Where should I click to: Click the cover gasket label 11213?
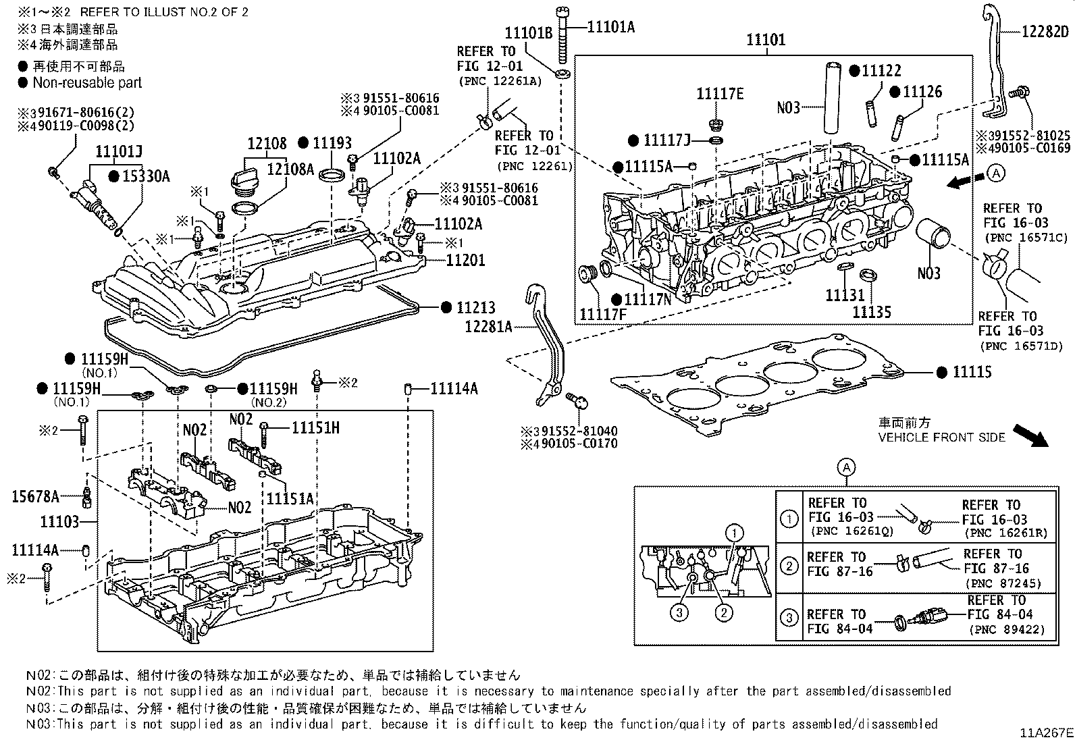tap(476, 308)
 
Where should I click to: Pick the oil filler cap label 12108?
tap(267, 144)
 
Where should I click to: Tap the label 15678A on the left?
tap(36, 498)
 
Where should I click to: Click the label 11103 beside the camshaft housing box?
tap(59, 521)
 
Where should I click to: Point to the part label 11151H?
tap(315, 427)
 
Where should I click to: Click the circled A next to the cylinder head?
tap(996, 174)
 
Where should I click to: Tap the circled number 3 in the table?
tap(789, 618)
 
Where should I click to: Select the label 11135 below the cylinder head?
tap(871, 312)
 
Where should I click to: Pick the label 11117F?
tap(603, 315)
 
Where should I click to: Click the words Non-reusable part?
tap(88, 83)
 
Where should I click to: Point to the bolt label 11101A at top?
tap(611, 27)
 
